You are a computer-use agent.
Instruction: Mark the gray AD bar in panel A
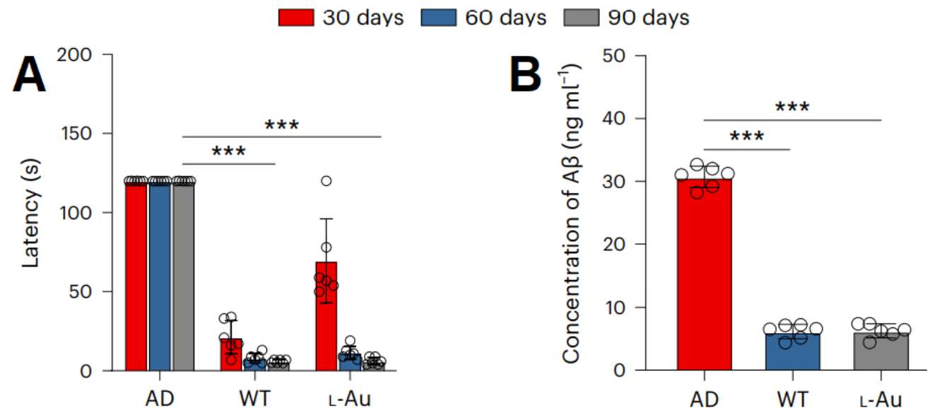[184, 276]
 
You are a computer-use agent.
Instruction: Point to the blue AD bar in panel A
[160, 276]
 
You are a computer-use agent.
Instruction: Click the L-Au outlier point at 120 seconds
[327, 181]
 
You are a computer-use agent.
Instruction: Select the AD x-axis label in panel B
[705, 400]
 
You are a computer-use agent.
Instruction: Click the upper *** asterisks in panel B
[792, 108]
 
